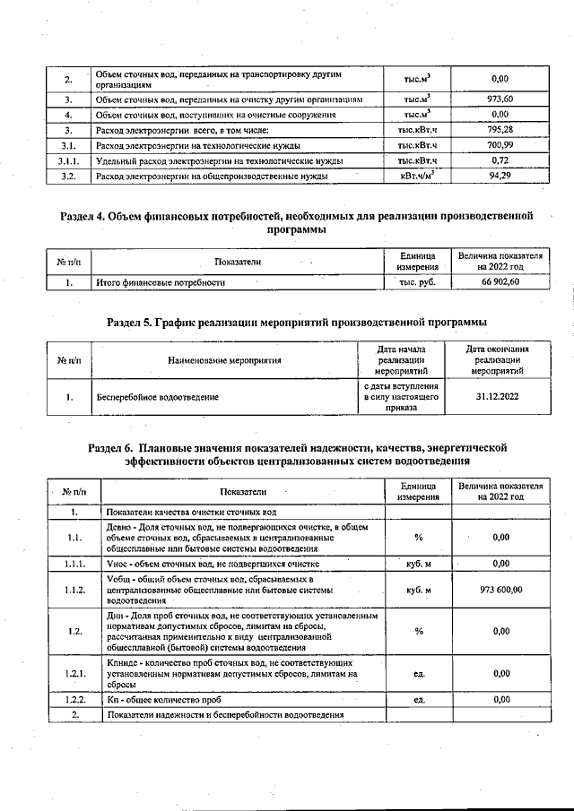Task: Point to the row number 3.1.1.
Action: coord(67,160)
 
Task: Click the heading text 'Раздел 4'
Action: coord(87,216)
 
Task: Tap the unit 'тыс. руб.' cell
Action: coord(416,282)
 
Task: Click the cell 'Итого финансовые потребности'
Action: coord(161,282)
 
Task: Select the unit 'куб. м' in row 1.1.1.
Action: coord(418,564)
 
